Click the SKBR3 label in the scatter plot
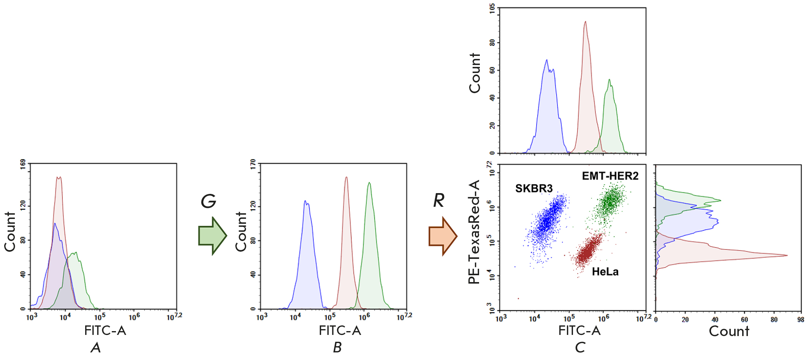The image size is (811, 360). (x=533, y=189)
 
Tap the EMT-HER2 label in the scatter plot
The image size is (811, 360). (x=610, y=176)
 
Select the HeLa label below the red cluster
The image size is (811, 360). (x=605, y=272)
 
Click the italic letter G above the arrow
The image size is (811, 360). (x=208, y=201)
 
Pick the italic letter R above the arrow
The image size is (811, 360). (x=439, y=200)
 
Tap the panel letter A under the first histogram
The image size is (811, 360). (x=96, y=347)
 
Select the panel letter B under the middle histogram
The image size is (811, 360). (x=337, y=347)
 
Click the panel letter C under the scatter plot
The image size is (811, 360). (x=580, y=347)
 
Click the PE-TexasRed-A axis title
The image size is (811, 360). (x=474, y=232)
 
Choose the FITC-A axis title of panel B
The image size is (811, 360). (x=340, y=331)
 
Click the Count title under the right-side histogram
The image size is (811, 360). (x=729, y=331)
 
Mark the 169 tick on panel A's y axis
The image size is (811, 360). (x=23, y=164)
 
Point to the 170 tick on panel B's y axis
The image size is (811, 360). (x=253, y=164)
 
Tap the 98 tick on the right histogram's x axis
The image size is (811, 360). (x=801, y=320)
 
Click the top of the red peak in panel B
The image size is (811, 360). (x=346, y=177)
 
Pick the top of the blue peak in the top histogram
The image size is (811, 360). (x=547, y=60)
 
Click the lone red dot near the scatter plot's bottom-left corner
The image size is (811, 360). (x=518, y=298)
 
